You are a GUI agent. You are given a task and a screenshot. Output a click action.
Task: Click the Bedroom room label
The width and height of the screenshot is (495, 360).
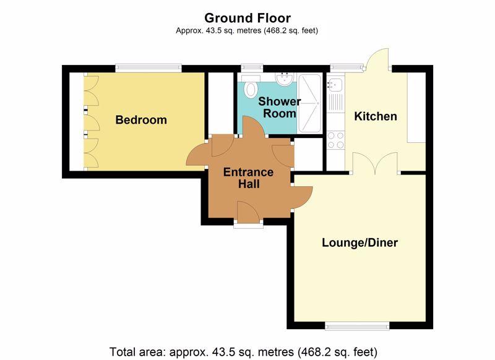[x=141, y=120]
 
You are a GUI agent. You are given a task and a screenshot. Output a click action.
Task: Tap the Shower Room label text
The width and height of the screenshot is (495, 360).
[x=280, y=107]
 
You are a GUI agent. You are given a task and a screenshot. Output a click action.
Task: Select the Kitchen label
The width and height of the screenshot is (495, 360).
[x=376, y=116]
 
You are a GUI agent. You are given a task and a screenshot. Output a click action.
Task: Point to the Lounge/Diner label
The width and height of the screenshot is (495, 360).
[x=359, y=242]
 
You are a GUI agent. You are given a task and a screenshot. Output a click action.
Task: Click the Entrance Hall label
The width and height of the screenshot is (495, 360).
[x=249, y=178]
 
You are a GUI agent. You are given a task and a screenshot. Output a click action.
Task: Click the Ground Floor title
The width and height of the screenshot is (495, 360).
[x=247, y=18]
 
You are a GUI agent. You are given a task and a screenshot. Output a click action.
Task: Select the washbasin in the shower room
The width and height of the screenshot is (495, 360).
[x=285, y=79]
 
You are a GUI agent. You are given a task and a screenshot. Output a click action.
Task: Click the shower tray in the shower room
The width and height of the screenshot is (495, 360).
[x=310, y=103]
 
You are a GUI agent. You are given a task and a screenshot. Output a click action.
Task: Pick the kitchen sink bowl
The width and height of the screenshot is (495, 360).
[x=335, y=84]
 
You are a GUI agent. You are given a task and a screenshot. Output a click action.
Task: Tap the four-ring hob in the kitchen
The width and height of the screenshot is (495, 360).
[x=335, y=140]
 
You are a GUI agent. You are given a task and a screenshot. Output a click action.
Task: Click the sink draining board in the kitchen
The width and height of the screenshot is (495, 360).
[x=335, y=102]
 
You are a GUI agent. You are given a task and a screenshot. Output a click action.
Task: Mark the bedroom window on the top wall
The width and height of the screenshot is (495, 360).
[x=148, y=68]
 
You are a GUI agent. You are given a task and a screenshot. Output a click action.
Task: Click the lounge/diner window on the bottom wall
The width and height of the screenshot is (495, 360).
[x=357, y=326]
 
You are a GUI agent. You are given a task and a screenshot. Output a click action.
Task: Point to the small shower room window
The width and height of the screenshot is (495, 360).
[x=252, y=68]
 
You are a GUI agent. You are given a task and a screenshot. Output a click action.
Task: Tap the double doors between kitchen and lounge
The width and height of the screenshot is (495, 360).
[x=375, y=163]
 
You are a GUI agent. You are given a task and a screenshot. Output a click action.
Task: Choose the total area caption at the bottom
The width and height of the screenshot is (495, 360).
[x=243, y=351]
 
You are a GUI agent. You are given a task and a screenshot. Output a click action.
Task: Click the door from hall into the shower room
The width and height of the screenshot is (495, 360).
[x=254, y=127]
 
